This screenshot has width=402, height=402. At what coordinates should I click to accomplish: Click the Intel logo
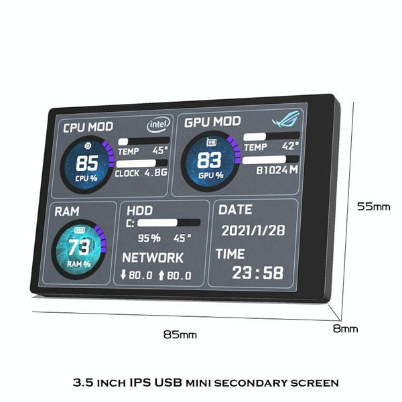[158, 124]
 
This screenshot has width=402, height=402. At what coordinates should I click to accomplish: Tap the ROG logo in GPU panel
[286, 119]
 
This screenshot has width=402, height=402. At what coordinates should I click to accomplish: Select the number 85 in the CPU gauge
[87, 163]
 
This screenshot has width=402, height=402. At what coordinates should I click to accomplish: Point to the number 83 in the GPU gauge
[209, 160]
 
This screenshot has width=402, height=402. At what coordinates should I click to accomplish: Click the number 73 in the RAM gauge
[79, 247]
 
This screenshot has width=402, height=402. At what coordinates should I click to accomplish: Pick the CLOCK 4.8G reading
[141, 173]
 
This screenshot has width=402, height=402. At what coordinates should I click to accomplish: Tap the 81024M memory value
[277, 170]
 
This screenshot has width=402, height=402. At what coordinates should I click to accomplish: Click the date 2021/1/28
[253, 230]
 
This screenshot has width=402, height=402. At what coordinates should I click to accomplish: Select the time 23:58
[258, 272]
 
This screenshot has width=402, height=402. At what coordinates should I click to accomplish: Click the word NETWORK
[153, 257]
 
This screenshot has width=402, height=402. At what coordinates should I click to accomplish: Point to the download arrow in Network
[123, 274]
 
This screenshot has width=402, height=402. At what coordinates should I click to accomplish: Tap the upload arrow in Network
[161, 275]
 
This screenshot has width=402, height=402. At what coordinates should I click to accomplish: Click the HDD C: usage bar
[169, 222]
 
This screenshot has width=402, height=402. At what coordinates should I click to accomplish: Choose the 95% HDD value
[149, 238]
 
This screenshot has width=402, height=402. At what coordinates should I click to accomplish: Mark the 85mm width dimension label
[180, 334]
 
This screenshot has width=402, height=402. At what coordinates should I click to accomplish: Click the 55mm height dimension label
[374, 206]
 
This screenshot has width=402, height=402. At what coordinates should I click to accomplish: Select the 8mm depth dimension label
[345, 328]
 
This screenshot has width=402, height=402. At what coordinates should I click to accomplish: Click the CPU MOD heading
[88, 127]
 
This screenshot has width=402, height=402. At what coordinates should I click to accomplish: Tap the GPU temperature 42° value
[290, 146]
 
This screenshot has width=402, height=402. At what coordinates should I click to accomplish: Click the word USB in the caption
[168, 383]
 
